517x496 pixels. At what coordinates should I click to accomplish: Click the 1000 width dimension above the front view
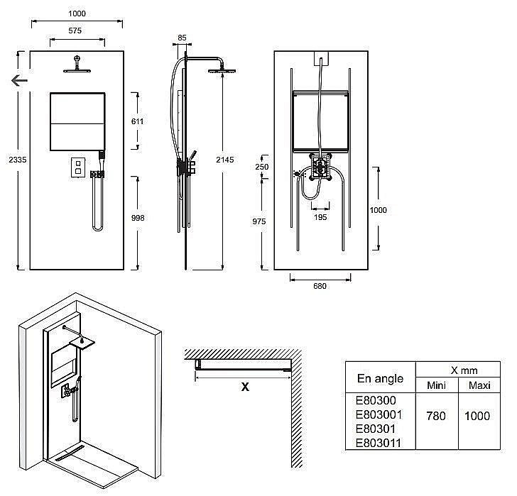click(x=77, y=13)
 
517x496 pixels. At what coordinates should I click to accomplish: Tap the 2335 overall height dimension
click(x=10, y=160)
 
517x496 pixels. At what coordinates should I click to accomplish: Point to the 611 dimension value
click(x=138, y=121)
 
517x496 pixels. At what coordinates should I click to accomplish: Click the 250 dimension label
click(x=261, y=166)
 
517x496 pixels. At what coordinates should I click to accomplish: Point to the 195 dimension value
click(x=321, y=218)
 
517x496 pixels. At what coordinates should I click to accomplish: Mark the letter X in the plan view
click(x=245, y=387)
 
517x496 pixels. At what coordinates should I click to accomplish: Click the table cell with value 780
click(x=435, y=416)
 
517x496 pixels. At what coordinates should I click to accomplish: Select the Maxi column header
click(x=474, y=385)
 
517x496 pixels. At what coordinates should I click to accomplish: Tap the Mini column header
click(x=435, y=385)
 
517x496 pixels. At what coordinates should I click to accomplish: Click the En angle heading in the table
click(x=380, y=378)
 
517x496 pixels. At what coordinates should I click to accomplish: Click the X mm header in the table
click(x=455, y=370)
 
